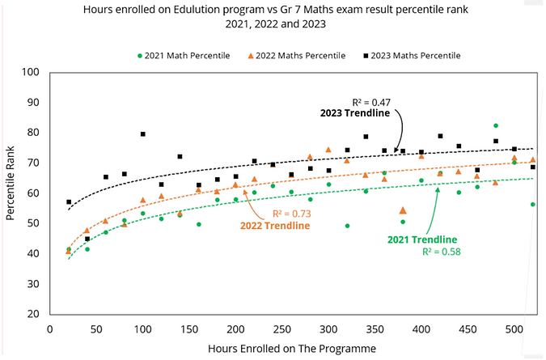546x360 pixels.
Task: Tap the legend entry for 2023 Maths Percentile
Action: tap(414, 55)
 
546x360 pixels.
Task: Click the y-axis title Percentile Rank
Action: tap(11, 193)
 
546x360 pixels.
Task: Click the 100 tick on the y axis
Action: tap(32, 72)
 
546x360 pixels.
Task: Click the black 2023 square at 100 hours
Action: tap(143, 134)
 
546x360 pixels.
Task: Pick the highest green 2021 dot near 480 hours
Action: tap(496, 126)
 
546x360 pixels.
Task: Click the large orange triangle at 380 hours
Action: tap(403, 210)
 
